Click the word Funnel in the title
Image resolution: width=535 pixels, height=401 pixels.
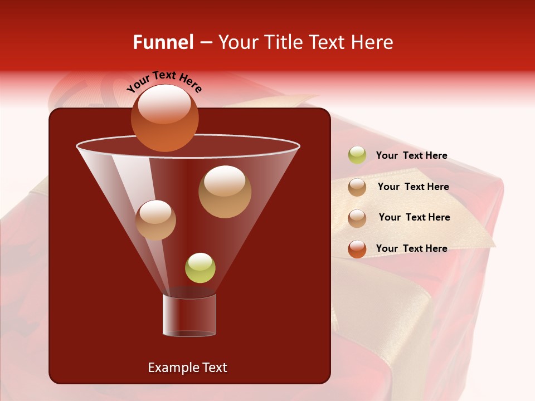pyautogui.click(x=163, y=42)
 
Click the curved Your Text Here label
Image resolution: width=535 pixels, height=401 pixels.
pyautogui.click(x=164, y=81)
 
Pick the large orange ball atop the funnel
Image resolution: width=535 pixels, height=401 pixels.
pyautogui.click(x=164, y=118)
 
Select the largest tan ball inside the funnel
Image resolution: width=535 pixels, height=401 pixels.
pyautogui.click(x=225, y=191)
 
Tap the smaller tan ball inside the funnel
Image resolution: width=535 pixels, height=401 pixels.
pyautogui.click(x=155, y=220)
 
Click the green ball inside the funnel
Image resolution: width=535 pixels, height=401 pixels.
pyautogui.click(x=200, y=268)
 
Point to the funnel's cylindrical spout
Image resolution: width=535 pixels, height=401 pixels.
pyautogui.click(x=189, y=315)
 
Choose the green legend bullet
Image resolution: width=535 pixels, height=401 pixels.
pyautogui.click(x=357, y=155)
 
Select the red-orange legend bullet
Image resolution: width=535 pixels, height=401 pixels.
pyautogui.click(x=357, y=249)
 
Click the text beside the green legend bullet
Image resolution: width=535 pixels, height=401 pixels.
pyautogui.click(x=411, y=155)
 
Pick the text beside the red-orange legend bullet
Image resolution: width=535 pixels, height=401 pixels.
pyautogui.click(x=411, y=248)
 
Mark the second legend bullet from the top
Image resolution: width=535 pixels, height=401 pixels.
pyautogui.click(x=357, y=187)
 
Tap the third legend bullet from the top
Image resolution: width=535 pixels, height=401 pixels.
pyautogui.click(x=357, y=218)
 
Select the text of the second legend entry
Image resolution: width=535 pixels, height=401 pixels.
pyautogui.click(x=413, y=187)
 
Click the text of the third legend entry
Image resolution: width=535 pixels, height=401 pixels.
pyautogui.click(x=414, y=217)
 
